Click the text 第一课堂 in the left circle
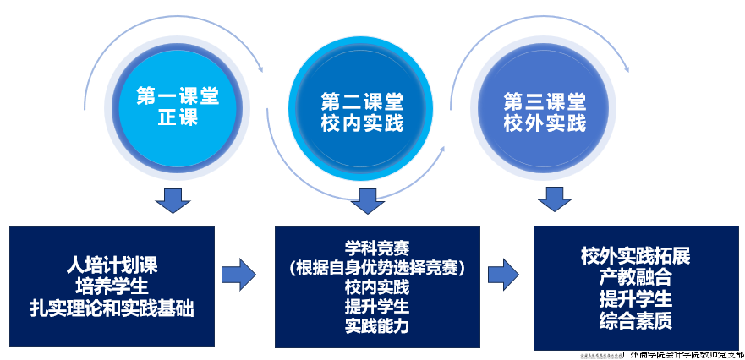(178, 96)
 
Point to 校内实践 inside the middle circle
(362, 124)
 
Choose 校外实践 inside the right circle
(545, 124)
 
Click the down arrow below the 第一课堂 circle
(173, 200)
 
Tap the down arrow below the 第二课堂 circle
(367, 200)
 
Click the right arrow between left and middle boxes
(238, 274)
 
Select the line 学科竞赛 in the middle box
(377, 249)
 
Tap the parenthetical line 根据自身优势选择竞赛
(377, 269)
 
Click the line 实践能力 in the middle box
(377, 325)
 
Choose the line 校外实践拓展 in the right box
(636, 255)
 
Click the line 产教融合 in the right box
(636, 276)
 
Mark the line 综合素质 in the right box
(636, 320)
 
